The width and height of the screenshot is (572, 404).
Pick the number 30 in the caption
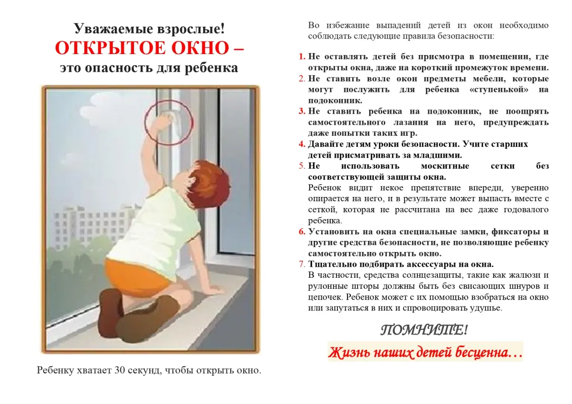pyautogui.click(x=119, y=371)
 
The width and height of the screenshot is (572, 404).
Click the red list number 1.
pyautogui.click(x=302, y=57)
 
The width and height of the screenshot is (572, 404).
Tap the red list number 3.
pyautogui.click(x=302, y=111)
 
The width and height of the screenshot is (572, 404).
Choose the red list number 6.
pyautogui.click(x=302, y=231)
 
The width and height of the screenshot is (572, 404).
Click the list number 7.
pyautogui.click(x=302, y=264)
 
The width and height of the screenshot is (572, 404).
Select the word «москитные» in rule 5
pyautogui.click(x=445, y=166)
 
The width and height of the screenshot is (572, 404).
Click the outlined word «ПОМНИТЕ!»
pyautogui.click(x=424, y=330)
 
